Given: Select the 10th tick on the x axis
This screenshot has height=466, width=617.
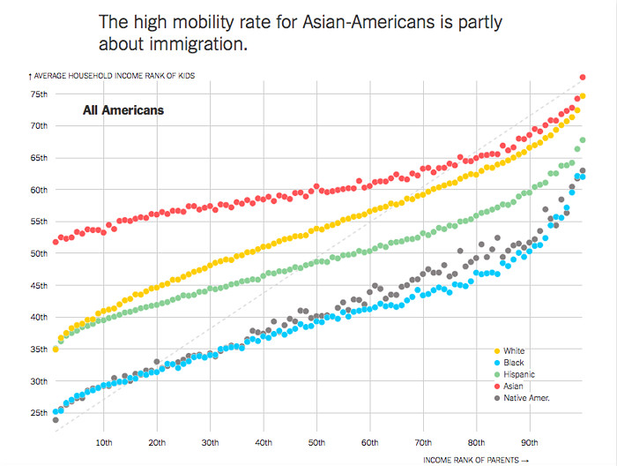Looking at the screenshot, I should (104, 441).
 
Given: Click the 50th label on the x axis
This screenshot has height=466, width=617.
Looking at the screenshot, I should (317, 441).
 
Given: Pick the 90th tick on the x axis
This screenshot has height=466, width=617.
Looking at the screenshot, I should (530, 441).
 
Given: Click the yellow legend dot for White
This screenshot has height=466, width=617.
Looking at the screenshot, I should (495, 351).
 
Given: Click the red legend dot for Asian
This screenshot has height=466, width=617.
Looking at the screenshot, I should (495, 387).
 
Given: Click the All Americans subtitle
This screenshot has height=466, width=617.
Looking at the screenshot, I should (123, 111).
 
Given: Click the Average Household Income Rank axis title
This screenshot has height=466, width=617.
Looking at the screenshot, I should (112, 76).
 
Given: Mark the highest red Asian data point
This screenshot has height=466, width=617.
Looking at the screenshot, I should (583, 78).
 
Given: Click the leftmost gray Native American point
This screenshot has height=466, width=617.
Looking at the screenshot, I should (56, 420).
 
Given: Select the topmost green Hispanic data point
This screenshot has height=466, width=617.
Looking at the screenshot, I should (583, 140).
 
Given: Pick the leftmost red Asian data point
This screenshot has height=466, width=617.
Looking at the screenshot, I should (56, 241).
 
